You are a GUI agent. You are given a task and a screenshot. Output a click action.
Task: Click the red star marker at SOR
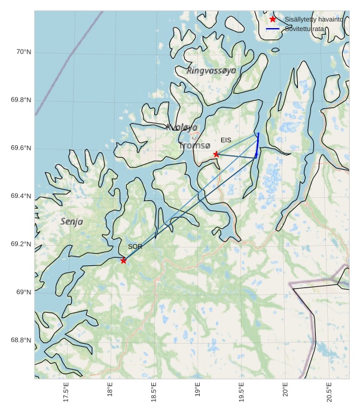point(123,260)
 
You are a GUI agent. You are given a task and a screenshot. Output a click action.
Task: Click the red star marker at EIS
point(216,154)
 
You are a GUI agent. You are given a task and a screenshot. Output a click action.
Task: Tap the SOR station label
point(135,246)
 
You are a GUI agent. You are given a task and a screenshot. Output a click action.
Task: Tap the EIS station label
point(225,140)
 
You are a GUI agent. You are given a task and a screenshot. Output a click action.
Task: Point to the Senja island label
point(72,221)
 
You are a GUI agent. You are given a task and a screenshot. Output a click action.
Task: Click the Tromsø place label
point(194,145)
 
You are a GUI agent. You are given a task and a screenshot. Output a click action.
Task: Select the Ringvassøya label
point(211,71)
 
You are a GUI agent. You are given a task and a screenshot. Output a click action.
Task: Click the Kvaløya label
point(181,127)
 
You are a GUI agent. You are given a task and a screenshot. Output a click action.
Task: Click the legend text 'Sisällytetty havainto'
point(314,19)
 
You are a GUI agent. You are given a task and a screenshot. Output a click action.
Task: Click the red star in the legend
point(273,19)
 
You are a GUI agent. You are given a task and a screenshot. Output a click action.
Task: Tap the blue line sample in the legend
point(273,29)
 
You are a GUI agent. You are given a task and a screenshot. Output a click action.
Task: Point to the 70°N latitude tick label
point(23,52)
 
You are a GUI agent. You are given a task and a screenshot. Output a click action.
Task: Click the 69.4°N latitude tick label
point(21,196)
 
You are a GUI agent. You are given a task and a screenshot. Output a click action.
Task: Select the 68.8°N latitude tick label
point(21,340)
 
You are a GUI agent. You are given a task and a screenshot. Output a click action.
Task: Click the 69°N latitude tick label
point(23,292)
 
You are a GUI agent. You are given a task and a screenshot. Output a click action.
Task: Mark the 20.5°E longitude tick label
point(330,392)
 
